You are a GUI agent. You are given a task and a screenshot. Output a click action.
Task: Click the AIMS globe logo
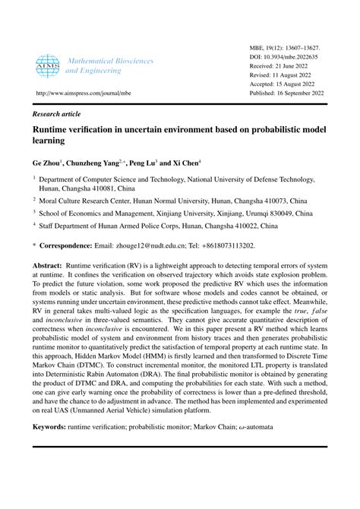(x=46, y=64)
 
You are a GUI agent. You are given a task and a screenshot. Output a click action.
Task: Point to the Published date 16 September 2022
(x=298, y=96)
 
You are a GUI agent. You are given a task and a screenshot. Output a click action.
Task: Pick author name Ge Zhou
(x=46, y=163)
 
